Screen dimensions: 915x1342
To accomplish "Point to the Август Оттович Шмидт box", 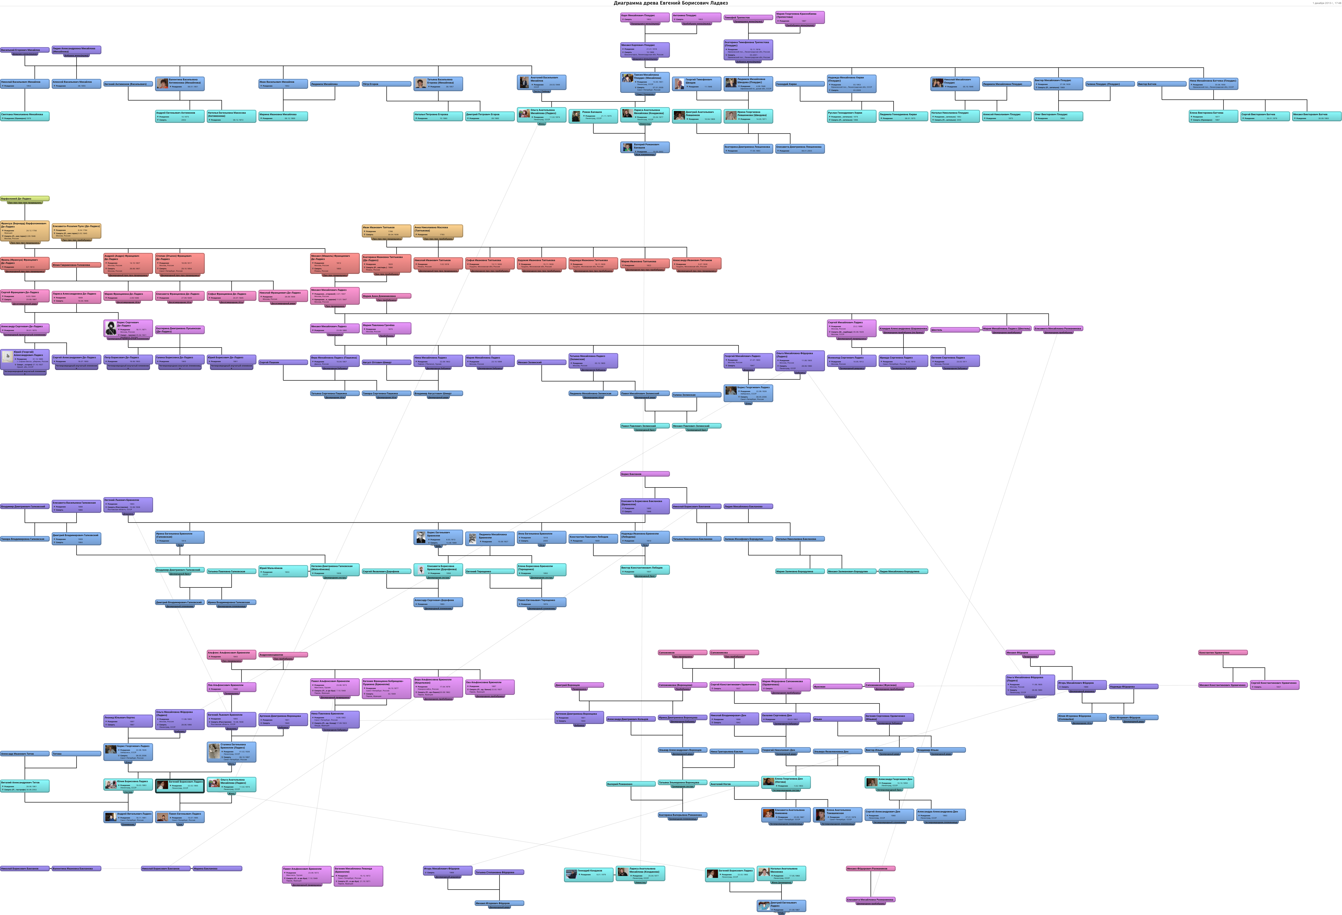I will [x=386, y=362].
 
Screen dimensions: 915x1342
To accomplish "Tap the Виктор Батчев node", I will [x=1161, y=84].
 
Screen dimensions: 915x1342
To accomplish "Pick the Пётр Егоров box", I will [x=386, y=84].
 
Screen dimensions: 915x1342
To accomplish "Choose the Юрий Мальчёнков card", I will [x=283, y=570].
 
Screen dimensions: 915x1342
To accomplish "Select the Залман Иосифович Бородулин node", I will [x=748, y=539].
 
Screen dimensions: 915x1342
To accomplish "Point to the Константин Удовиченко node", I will [x=1222, y=652].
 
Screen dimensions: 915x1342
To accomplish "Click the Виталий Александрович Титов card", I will [x=25, y=785].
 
